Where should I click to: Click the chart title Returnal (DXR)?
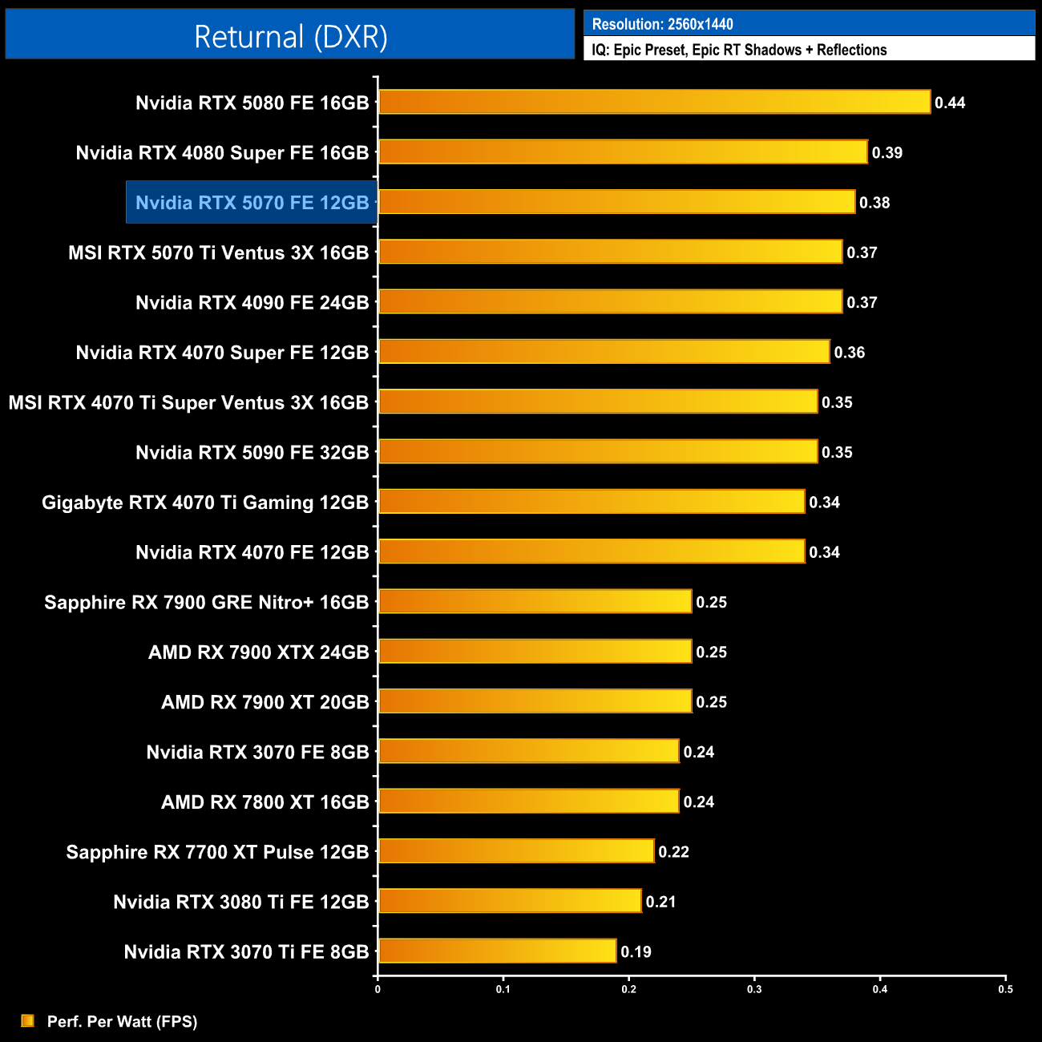click(290, 37)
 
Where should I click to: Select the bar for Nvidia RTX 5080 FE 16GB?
click(654, 102)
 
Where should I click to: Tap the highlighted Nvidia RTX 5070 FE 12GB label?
click(252, 203)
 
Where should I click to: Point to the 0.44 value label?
click(950, 103)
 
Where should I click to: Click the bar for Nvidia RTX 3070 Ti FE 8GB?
click(497, 951)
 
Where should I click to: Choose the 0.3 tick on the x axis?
click(754, 989)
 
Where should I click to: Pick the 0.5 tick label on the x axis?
click(1005, 989)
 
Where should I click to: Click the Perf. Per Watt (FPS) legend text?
click(122, 1021)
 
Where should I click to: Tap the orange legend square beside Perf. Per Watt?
click(28, 1020)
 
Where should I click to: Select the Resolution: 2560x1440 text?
click(662, 24)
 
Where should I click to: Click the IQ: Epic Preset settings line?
click(739, 50)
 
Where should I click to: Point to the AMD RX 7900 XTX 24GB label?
click(258, 652)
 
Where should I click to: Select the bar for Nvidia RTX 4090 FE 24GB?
click(610, 301)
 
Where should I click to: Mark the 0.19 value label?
click(636, 952)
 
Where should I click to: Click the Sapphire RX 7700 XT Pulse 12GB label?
click(217, 852)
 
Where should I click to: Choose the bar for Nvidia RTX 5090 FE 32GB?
click(598, 451)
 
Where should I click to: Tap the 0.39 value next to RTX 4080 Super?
click(887, 153)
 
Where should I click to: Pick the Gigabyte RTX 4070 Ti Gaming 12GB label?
click(205, 503)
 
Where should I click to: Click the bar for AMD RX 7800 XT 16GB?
click(528, 801)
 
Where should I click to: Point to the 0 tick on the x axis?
click(378, 989)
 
